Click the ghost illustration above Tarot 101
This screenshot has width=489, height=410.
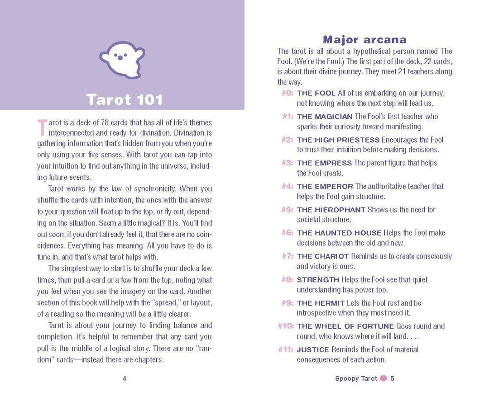point(122,57)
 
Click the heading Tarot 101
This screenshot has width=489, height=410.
point(124,99)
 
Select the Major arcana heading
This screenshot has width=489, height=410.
point(364,39)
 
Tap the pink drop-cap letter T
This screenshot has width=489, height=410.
point(41,127)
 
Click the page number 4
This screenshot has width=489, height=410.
point(125,378)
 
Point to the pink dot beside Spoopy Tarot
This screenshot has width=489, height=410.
point(384,378)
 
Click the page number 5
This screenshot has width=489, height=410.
point(392,378)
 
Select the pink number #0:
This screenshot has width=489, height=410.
point(287,93)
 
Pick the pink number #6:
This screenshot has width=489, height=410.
point(287,233)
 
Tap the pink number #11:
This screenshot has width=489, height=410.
point(285,349)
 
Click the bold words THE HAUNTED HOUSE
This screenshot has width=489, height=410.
point(339,233)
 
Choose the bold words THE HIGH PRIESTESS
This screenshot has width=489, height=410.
point(338,140)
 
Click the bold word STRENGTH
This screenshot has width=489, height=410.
point(318,280)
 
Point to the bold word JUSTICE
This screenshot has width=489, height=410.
point(313,349)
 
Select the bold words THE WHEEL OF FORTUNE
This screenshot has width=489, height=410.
point(345,326)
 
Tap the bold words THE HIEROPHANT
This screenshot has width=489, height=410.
point(331,210)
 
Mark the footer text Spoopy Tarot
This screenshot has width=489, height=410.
point(356,378)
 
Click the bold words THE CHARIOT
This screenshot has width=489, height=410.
point(323,256)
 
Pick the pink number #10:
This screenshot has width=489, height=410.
point(285,326)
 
